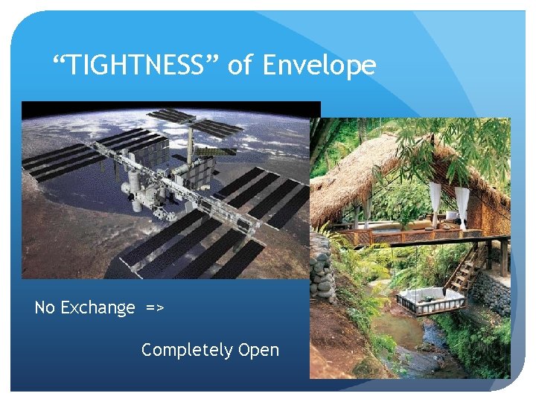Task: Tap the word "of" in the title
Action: coord(240,66)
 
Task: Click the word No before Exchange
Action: coord(44,307)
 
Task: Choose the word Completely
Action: coord(186,350)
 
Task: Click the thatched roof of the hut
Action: coord(387,167)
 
